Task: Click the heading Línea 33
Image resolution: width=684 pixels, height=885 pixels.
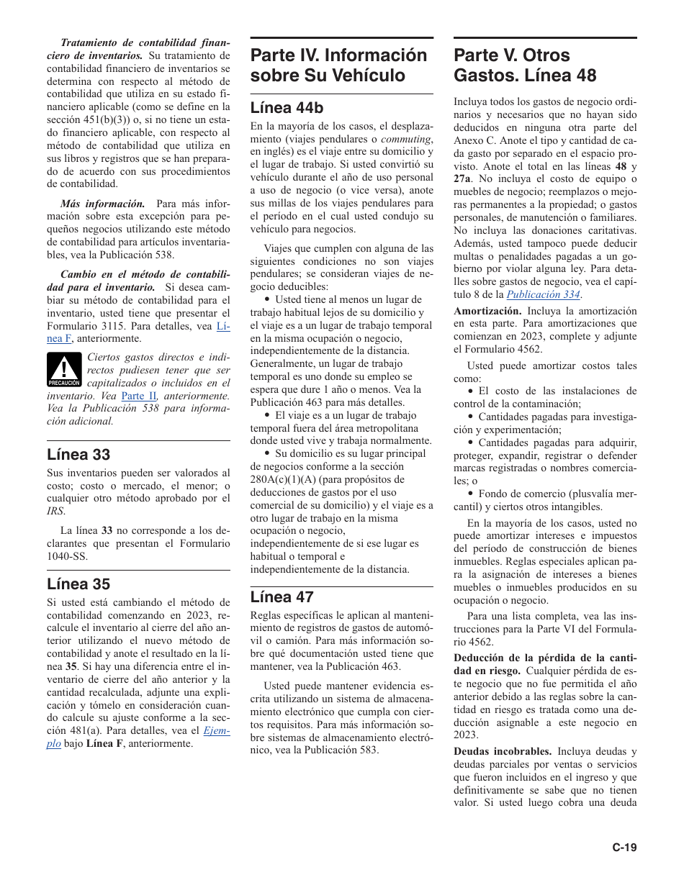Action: (78, 454)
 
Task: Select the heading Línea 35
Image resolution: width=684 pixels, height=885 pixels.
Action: (78, 584)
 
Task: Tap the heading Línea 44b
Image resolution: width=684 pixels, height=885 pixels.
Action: (287, 108)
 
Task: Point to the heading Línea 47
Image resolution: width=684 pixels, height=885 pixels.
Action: (282, 596)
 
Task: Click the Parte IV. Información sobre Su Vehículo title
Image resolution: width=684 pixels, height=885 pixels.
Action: (338, 65)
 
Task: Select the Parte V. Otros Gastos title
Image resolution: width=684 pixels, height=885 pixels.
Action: (525, 65)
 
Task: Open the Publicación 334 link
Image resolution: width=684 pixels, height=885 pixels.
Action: (544, 294)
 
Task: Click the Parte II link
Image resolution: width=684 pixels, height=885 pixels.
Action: (138, 396)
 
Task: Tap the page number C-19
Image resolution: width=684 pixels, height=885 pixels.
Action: (624, 847)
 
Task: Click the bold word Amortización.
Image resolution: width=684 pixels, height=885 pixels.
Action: (487, 311)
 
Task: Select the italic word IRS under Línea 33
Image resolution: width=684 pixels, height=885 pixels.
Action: (55, 512)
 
